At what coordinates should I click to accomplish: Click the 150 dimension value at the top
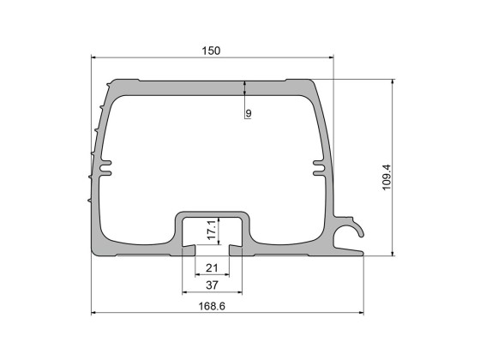212,51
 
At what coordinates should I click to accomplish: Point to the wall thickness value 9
248,113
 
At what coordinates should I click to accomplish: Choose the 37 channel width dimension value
212,285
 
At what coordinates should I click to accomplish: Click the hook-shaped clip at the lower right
351,230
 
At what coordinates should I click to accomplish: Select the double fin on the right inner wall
318,166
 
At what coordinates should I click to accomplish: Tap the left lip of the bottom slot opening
190,249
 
